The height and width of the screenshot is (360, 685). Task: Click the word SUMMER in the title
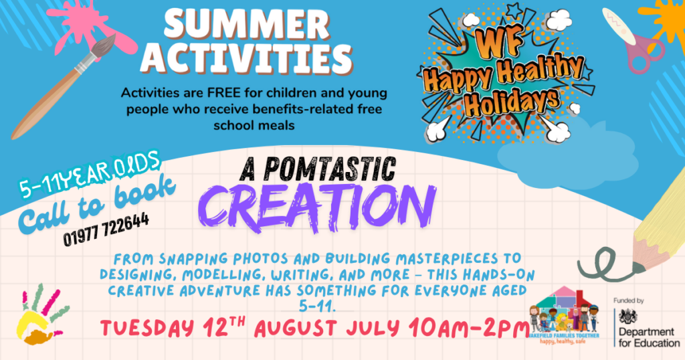point(247,24)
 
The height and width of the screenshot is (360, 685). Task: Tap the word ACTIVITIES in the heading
point(247,58)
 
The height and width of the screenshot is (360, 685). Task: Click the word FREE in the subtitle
point(224,93)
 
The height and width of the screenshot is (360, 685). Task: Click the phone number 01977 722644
point(106,229)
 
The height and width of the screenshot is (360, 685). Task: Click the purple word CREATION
point(316,207)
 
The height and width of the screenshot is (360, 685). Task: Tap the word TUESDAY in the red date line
point(147,328)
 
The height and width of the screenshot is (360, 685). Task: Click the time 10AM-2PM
point(470,329)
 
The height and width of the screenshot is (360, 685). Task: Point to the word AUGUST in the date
point(296,329)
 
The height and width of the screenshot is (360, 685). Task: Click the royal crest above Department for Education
point(628,316)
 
